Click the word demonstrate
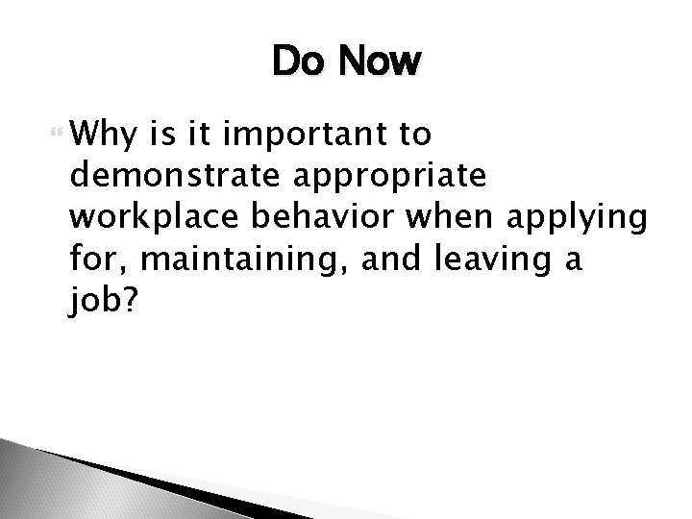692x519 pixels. click(165, 177)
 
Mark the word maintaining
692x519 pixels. click(232, 259)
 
